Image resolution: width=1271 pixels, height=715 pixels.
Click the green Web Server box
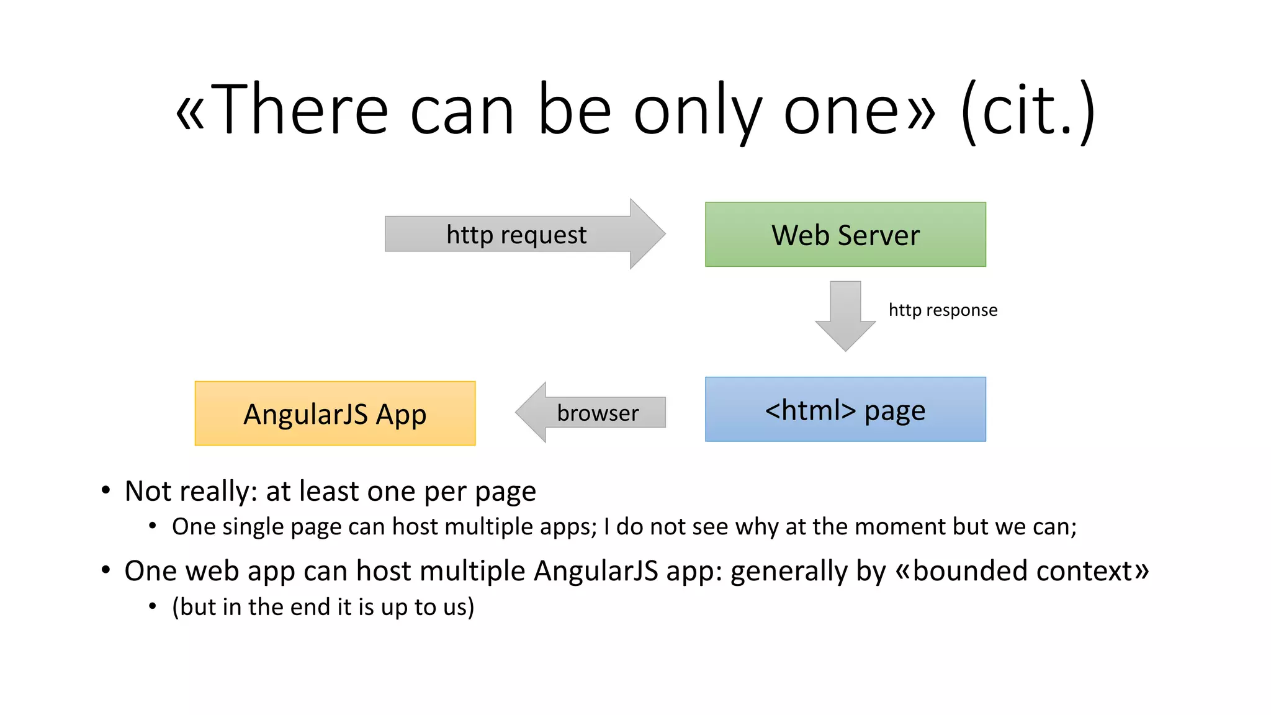(845, 235)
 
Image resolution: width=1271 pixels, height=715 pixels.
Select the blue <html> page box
(845, 410)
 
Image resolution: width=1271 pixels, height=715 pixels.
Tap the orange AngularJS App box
(335, 414)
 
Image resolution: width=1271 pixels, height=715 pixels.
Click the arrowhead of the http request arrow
(647, 234)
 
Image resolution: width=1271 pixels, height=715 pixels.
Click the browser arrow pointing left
(590, 413)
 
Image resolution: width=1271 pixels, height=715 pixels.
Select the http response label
(943, 310)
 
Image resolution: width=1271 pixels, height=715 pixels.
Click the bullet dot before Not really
(106, 491)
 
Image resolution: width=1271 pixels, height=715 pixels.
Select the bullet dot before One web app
(106, 570)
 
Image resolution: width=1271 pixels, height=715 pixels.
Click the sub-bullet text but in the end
(323, 606)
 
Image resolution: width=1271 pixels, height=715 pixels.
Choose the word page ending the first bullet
(505, 492)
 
